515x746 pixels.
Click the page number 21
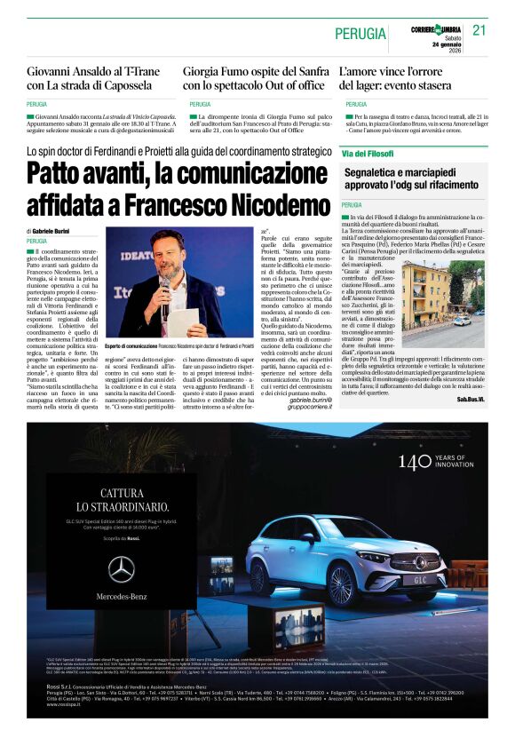pos(480,30)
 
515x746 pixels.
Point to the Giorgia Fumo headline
pos(254,79)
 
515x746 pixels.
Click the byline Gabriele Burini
pos(55,230)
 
